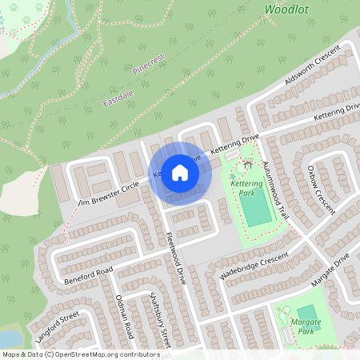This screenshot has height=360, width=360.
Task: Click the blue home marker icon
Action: tap(180, 173)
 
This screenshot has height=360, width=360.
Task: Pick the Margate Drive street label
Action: tap(332, 270)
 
